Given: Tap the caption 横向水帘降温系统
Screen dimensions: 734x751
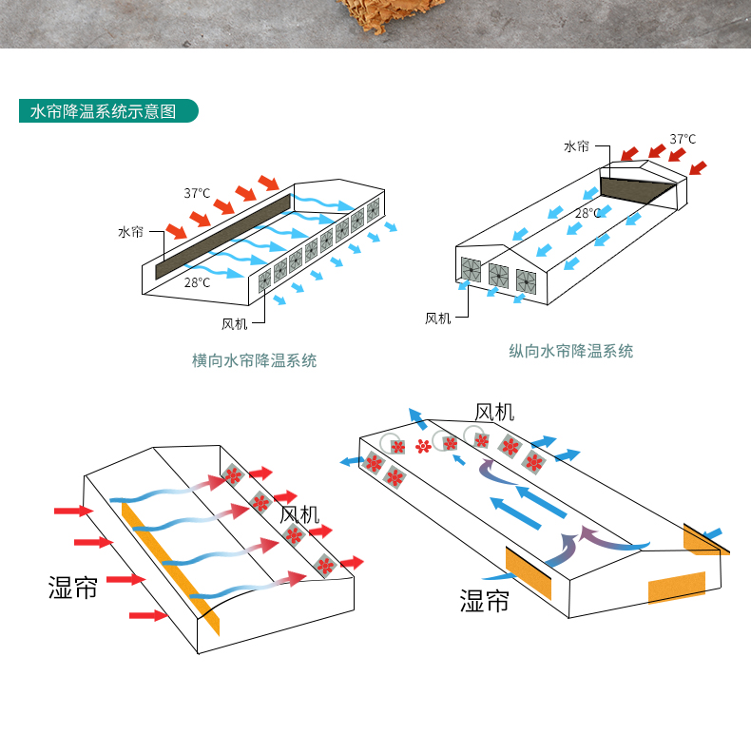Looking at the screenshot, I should (254, 360).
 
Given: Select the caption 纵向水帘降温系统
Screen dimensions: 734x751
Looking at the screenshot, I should (570, 351).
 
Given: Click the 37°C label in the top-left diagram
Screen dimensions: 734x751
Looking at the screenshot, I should (197, 193).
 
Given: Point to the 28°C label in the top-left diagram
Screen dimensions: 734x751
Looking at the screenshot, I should (197, 281).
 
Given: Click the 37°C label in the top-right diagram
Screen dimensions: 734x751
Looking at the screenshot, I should (682, 139).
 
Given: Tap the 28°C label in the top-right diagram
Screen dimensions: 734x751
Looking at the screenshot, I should (587, 213).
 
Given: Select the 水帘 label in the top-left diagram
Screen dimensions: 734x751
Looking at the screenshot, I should (130, 232).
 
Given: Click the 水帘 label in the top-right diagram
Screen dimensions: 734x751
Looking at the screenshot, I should (576, 146).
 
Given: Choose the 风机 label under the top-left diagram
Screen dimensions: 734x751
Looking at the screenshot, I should (234, 324).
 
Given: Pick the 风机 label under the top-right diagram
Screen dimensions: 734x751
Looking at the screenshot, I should (437, 319).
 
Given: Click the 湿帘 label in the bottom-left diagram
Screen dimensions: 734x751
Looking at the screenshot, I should (72, 588).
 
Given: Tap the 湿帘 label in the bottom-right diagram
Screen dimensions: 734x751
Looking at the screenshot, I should (484, 601).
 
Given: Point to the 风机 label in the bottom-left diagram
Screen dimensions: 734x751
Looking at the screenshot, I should (299, 515).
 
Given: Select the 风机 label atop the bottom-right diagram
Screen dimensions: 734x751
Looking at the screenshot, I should (494, 412).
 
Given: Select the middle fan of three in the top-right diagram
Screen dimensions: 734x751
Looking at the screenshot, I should (498, 276).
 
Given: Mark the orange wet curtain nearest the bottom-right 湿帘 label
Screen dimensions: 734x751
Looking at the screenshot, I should (528, 572).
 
